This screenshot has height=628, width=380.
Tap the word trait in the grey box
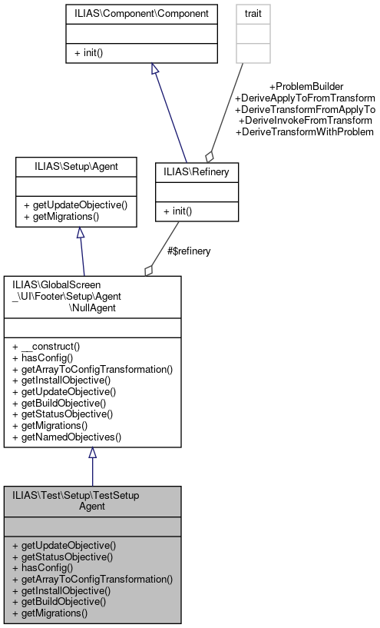tap(253, 14)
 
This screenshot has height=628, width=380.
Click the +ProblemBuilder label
tap(306, 86)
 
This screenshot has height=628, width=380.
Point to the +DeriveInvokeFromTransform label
tap(306, 121)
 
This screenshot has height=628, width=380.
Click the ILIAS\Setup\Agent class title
tap(76, 165)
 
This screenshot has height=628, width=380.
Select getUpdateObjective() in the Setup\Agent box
tap(75, 205)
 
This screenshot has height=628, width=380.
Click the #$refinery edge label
tap(189, 251)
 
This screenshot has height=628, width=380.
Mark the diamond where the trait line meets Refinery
tap(209, 155)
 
